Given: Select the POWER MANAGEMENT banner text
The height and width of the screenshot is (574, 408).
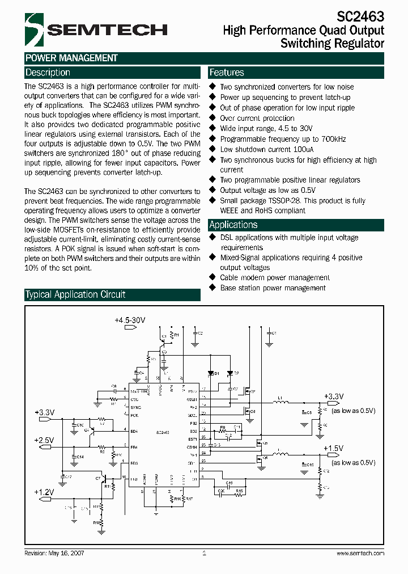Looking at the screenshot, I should [x=71, y=58].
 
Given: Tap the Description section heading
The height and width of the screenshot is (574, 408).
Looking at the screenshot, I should [x=48, y=73].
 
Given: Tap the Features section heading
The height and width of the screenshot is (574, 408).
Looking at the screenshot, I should [x=227, y=73].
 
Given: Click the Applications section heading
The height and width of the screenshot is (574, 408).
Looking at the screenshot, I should [x=233, y=225].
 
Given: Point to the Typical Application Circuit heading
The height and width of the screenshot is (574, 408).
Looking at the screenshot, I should [x=75, y=294].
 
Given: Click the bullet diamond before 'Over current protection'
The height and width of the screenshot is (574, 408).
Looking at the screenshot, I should [x=213, y=118].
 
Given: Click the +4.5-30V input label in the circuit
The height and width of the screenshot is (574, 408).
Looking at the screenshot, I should [x=130, y=320].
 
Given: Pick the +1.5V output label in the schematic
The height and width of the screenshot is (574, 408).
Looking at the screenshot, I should [x=334, y=448].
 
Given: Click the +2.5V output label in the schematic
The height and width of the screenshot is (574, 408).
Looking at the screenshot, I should [x=44, y=440].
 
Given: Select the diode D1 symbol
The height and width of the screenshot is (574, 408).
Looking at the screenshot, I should [x=210, y=373].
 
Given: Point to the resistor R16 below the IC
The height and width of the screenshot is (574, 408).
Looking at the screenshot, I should [x=172, y=499].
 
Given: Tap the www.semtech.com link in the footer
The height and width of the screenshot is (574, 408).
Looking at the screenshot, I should [x=360, y=553].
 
